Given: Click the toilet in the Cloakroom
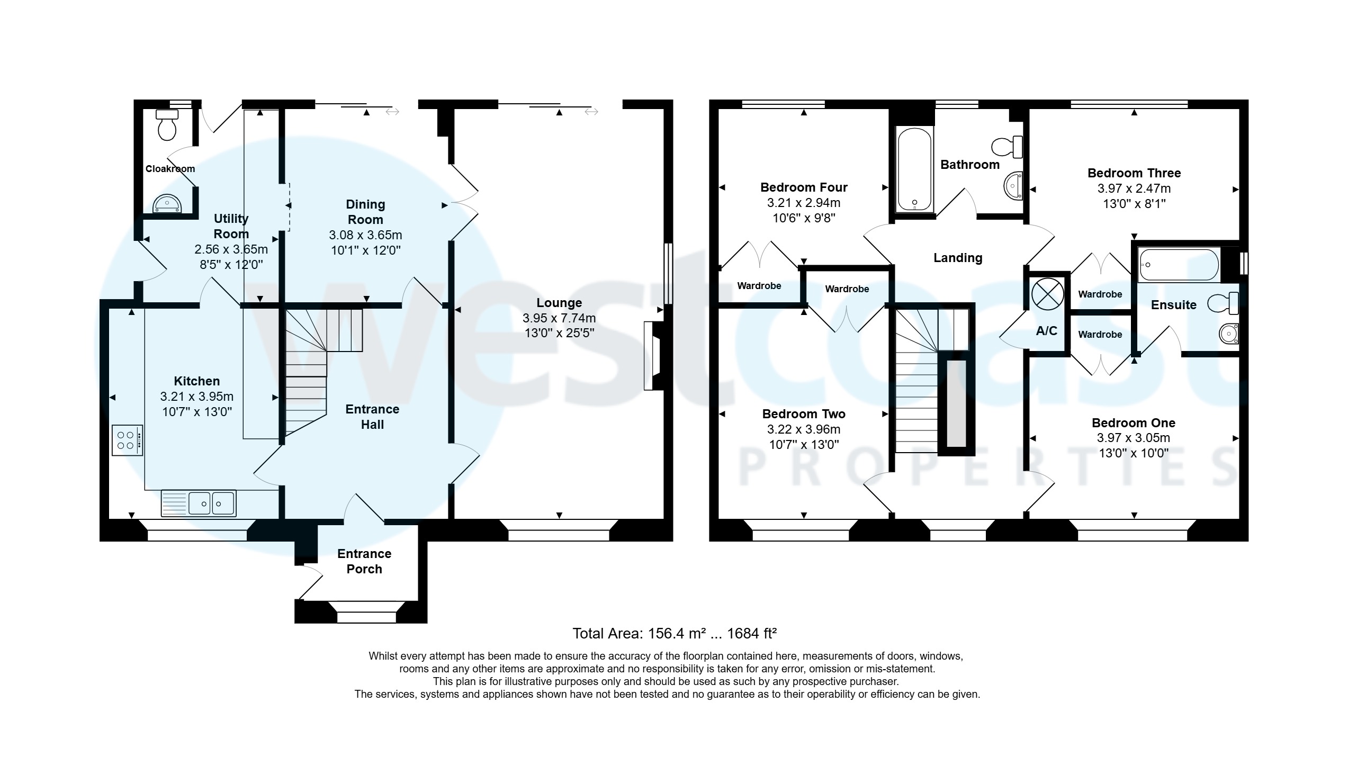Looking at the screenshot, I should [x=167, y=125].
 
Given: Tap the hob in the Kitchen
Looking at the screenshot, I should [x=127, y=440].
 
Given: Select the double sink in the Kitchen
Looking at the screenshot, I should [x=212, y=503].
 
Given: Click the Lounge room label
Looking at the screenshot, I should [x=559, y=303].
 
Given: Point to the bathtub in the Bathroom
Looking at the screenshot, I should [x=914, y=169].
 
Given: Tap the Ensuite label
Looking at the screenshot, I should [x=1173, y=305].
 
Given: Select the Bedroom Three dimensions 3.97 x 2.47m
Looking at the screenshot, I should [x=1134, y=188].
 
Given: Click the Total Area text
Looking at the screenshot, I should [x=674, y=633].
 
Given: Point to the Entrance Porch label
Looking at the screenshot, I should [x=364, y=561].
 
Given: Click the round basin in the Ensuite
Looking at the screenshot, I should [x=1228, y=334].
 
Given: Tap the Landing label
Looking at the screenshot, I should [x=957, y=258].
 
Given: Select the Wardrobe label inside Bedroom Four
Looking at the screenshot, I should [x=759, y=286].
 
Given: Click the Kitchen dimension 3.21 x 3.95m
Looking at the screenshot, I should [x=196, y=397].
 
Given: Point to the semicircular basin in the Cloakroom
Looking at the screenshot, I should [x=167, y=204].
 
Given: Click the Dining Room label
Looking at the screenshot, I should [x=365, y=212].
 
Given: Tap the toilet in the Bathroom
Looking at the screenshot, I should [x=1007, y=147].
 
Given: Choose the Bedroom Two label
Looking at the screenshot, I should [x=803, y=414].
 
